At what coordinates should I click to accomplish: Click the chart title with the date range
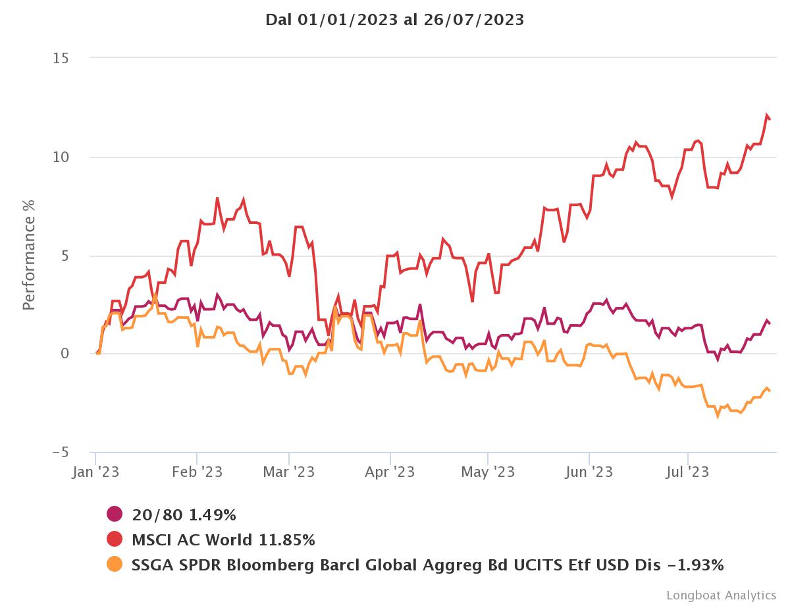(394, 20)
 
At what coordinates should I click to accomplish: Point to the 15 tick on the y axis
(61, 58)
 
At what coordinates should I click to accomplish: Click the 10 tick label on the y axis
(61, 157)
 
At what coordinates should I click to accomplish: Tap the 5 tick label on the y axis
(65, 256)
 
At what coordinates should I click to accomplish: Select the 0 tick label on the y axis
(65, 354)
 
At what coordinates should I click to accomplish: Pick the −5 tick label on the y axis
(60, 453)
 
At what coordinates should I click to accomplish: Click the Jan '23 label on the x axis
(96, 472)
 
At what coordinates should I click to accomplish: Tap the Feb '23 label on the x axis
(197, 472)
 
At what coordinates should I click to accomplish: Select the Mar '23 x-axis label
(289, 472)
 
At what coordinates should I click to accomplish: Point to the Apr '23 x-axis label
(390, 472)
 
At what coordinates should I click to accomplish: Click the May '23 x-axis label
(488, 472)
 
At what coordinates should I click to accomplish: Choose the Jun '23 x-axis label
(589, 472)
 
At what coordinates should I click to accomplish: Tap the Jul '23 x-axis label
(688, 472)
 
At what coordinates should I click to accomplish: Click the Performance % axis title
(29, 256)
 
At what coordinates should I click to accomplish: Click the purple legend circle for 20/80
(115, 514)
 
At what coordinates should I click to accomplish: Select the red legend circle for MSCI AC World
(115, 540)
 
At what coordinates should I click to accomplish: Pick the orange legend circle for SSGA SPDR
(115, 565)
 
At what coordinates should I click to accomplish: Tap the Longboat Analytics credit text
(721, 595)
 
